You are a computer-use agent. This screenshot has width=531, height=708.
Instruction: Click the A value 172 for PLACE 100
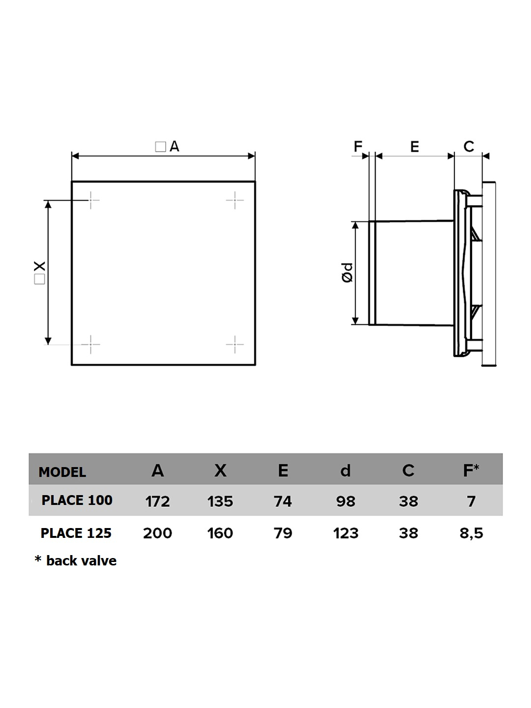157,501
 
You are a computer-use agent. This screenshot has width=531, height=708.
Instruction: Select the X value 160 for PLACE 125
220,533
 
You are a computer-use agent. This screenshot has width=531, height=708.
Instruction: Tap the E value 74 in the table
283,501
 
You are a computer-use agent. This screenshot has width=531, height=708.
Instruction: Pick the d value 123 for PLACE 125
346,533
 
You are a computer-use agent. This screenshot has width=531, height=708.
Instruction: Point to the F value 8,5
471,533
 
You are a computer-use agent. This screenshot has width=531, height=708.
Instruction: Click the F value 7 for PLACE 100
472,501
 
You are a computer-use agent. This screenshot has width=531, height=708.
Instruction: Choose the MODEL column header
62,472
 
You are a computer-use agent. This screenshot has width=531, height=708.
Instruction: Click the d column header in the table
346,471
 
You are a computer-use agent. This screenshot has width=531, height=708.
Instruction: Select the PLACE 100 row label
77,501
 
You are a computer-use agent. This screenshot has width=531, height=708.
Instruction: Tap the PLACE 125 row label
76,533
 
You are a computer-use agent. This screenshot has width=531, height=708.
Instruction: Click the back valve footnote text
75,561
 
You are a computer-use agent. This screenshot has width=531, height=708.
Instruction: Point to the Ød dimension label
347,273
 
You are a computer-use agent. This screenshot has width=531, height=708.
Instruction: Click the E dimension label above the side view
414,147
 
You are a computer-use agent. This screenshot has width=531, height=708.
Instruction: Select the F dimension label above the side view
358,147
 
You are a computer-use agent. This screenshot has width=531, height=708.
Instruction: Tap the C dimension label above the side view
469,147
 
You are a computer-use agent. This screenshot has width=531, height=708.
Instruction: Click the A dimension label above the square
167,147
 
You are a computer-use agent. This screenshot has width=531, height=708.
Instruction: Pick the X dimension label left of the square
40,272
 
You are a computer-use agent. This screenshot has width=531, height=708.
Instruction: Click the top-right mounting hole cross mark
235,200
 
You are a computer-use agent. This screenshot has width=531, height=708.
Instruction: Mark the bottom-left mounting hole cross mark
90,345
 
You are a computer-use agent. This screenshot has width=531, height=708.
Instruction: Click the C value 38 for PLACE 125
409,533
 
